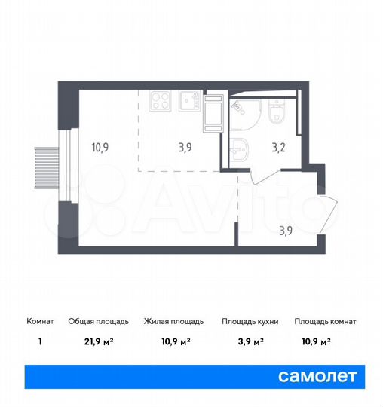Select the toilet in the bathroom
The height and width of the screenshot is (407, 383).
pyautogui.click(x=277, y=113)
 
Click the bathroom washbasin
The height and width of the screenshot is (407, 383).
pyautogui.click(x=240, y=148)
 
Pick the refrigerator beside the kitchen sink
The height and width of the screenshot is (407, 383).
pyautogui.click(x=213, y=111)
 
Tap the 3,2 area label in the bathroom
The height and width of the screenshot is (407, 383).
pyautogui.click(x=280, y=148)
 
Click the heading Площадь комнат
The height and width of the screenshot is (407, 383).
pyautogui.click(x=325, y=321)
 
